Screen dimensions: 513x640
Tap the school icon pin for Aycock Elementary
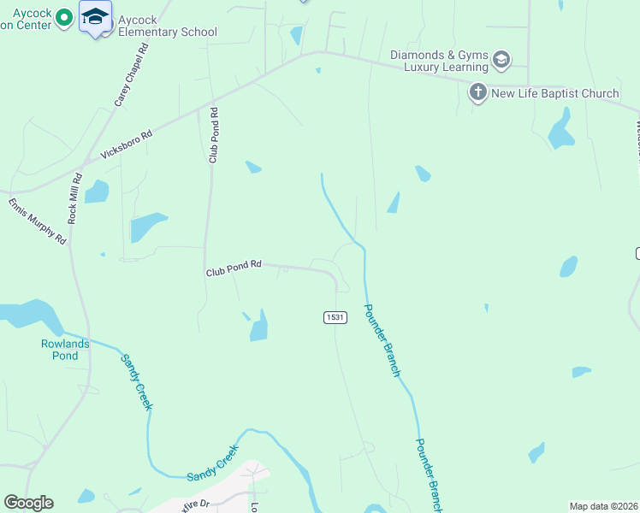[95, 17]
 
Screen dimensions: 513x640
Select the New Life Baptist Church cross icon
[477, 91]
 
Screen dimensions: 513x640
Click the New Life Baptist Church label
[554, 93]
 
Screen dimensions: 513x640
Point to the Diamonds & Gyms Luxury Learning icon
[501, 60]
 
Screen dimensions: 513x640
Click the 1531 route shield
[335, 317]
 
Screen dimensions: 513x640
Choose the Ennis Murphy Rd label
[38, 221]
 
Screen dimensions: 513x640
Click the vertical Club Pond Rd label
[214, 135]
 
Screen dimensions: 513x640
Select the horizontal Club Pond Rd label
[233, 268]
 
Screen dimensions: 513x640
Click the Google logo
[28, 503]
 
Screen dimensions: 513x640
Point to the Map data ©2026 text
[603, 506]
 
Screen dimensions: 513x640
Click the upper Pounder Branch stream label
[382, 341]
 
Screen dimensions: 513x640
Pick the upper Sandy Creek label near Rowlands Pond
[137, 381]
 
